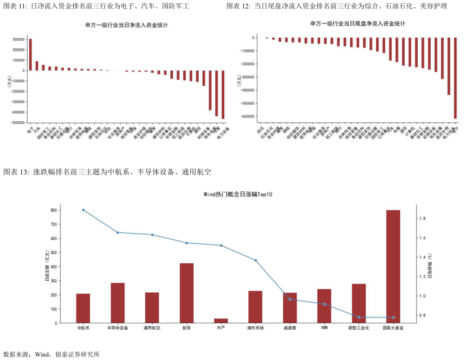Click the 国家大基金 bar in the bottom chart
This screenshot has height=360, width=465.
393,266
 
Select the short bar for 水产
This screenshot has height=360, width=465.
221,321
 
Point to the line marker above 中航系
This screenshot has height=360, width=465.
83,210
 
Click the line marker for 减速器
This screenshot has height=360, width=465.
290,299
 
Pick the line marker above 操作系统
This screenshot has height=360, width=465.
256,260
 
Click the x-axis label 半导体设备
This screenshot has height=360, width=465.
117,329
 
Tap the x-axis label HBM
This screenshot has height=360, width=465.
324,329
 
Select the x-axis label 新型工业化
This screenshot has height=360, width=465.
359,329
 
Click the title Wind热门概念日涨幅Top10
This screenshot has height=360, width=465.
238,195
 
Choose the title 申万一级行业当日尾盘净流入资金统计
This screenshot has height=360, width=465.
358,24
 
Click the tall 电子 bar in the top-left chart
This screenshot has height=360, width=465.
30,54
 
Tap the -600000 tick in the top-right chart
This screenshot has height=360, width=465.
248,116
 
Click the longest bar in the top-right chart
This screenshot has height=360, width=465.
455,78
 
